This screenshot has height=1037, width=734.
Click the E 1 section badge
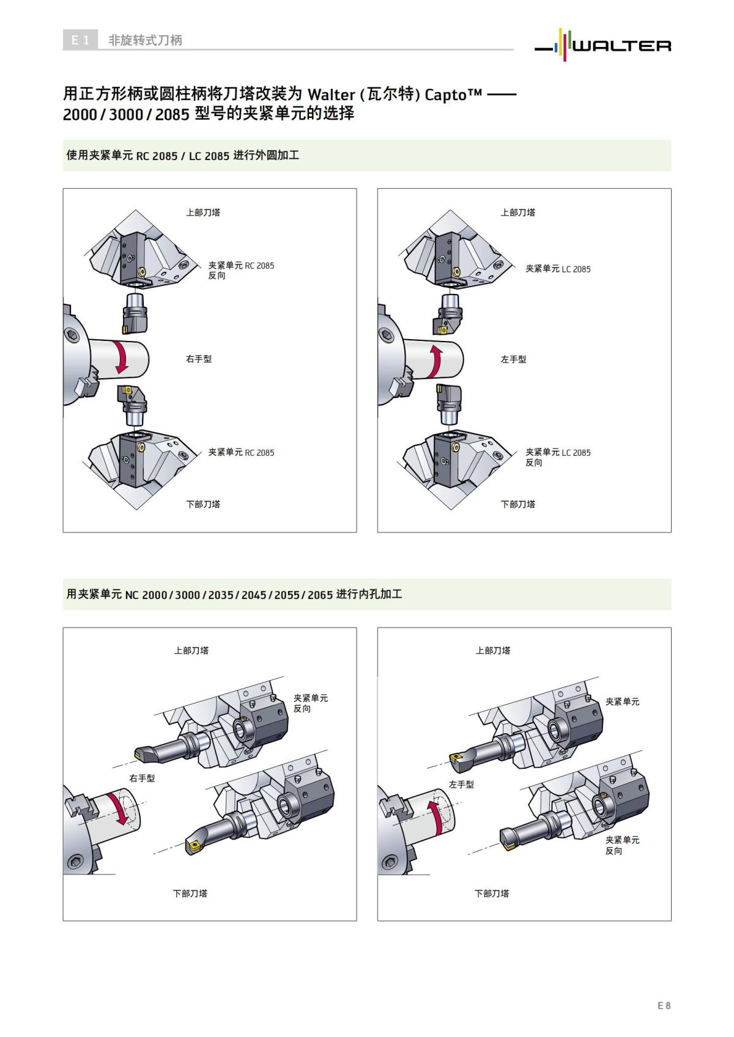point(80,40)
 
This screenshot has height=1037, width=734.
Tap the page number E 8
point(664,1005)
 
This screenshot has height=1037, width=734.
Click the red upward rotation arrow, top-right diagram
point(436,361)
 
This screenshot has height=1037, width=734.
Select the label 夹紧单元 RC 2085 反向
point(241,270)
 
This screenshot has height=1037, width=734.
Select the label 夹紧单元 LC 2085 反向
point(558,457)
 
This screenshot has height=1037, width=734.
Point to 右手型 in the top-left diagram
point(199,359)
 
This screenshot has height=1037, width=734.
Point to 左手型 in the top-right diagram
point(513,359)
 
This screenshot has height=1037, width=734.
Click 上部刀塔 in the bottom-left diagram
point(191,650)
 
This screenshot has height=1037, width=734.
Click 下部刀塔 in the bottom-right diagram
point(492,893)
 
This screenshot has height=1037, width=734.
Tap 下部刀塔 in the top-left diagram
point(203,504)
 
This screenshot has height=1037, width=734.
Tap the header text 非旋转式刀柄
point(145,40)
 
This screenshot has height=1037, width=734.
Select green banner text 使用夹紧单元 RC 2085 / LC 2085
point(182,155)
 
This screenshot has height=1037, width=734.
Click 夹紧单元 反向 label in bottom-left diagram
point(310,703)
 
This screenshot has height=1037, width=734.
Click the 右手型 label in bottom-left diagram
point(142,778)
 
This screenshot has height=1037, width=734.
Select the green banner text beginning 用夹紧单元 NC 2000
point(234,594)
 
